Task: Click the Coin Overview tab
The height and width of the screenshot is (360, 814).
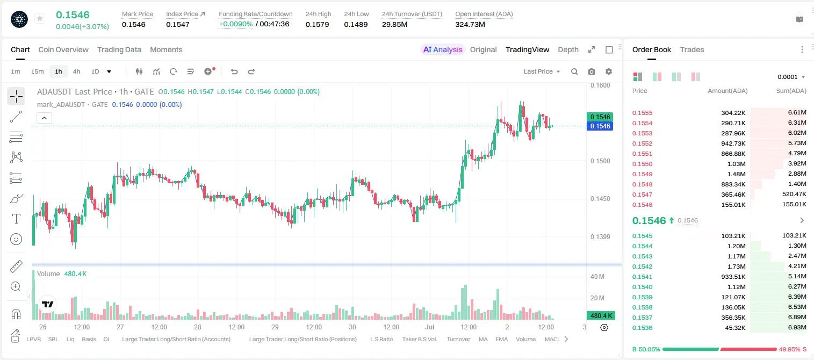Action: click(63, 49)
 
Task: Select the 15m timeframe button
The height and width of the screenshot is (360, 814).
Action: click(37, 71)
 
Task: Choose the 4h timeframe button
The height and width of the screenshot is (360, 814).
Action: click(76, 71)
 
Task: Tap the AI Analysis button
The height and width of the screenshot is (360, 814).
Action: click(443, 49)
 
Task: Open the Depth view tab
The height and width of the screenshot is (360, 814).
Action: click(568, 49)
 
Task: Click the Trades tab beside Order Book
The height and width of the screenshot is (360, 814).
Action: click(692, 49)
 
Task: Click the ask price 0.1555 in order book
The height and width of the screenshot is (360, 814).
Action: click(642, 113)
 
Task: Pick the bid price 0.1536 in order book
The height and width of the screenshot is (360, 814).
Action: click(642, 328)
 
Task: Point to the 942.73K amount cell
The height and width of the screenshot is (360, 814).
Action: click(733, 143)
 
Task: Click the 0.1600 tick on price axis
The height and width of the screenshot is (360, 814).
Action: click(600, 85)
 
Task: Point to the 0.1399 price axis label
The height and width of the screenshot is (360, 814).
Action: click(600, 237)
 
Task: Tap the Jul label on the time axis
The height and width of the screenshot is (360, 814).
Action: click(430, 327)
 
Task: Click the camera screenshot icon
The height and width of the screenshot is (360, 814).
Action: click(592, 71)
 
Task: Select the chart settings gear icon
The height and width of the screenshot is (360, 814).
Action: click(609, 71)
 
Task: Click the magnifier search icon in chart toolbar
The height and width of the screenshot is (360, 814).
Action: click(574, 71)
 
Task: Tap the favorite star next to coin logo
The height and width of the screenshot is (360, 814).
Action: click(40, 18)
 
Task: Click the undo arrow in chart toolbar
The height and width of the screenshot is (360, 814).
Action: click(234, 71)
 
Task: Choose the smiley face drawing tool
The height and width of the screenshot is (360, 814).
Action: click(16, 239)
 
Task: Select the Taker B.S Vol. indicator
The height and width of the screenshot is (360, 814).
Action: click(419, 339)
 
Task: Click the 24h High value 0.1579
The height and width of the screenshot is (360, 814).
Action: click(317, 24)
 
